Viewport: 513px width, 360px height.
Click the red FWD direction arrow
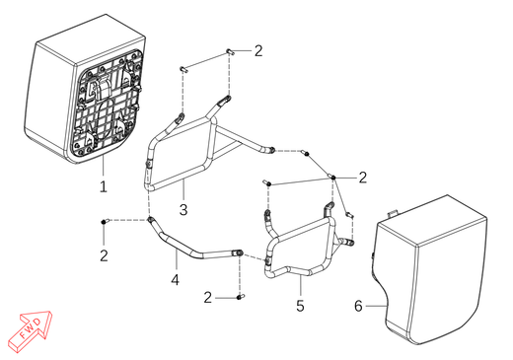coord(32,330)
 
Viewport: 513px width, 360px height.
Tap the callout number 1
coord(104,186)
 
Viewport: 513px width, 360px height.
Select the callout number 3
coord(183,209)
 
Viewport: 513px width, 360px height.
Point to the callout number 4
coord(176,280)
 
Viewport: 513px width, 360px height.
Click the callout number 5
coord(300,306)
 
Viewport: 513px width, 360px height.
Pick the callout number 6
coord(358,306)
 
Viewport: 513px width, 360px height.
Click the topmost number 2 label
coord(258,51)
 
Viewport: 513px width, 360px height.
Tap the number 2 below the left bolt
coord(104,255)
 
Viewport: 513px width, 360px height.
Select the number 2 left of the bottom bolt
coord(207,298)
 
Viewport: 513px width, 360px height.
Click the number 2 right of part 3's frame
coord(362,178)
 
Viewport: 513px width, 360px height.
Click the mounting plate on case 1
coord(107,104)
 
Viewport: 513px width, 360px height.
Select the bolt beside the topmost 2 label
coord(230,51)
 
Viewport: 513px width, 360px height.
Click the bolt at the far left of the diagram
coord(105,222)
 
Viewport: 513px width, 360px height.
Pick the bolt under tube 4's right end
coord(241,297)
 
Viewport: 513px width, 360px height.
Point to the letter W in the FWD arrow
coord(31,329)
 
